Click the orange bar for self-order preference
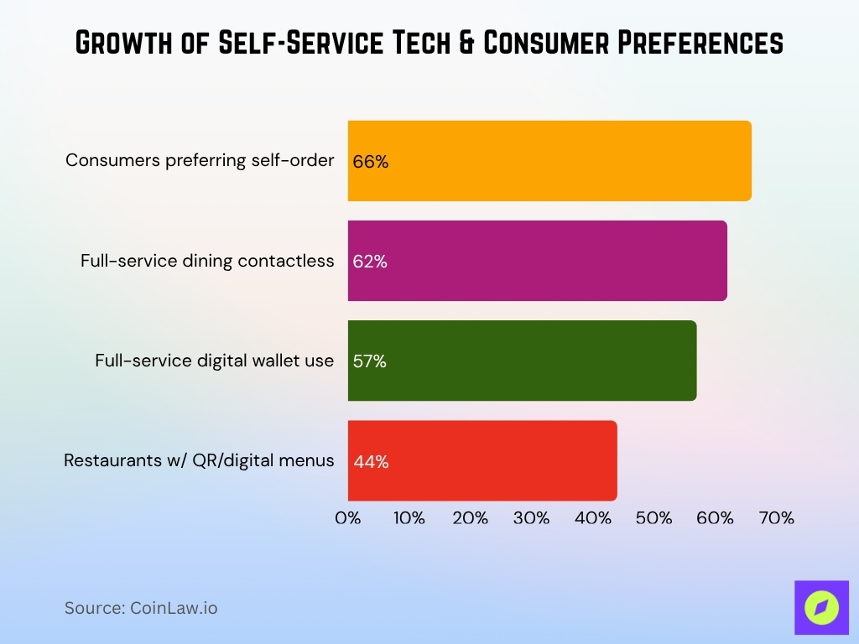[x=549, y=161]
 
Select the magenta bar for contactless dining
[x=537, y=261]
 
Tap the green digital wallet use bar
[x=522, y=361]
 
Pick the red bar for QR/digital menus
[x=482, y=460]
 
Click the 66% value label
[x=370, y=162]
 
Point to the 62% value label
[x=370, y=262]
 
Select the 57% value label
[x=369, y=361]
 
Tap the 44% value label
[x=371, y=461]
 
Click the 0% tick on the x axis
[x=348, y=518]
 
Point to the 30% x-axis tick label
[x=531, y=518]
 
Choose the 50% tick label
[x=653, y=518]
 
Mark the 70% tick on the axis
[x=776, y=518]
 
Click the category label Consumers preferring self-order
[x=200, y=160]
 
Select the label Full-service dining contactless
[x=207, y=261]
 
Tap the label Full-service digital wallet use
[x=214, y=361]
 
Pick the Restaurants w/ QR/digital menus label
[x=199, y=460]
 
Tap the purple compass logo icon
[x=821, y=607]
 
